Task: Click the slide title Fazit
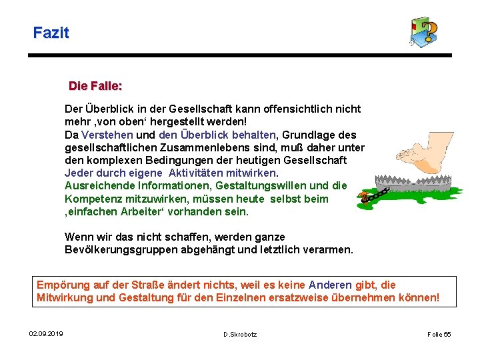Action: [51, 32]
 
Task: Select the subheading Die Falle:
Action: [95, 86]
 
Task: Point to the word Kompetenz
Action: [91, 199]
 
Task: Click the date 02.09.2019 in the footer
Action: [46, 333]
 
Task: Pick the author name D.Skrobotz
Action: [240, 333]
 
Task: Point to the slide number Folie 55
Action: [439, 333]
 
